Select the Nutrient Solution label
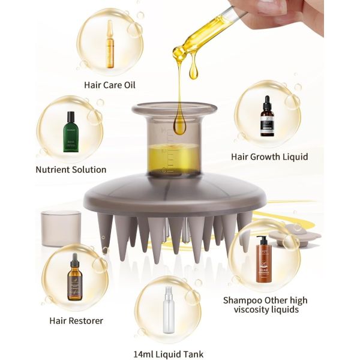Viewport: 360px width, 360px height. (70, 170)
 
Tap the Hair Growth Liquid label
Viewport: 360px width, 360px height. (269, 157)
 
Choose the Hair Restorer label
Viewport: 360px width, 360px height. (76, 320)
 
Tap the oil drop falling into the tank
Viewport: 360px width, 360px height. (179, 124)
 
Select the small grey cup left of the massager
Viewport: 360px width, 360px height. (60, 228)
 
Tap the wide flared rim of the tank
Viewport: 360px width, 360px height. (174, 109)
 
